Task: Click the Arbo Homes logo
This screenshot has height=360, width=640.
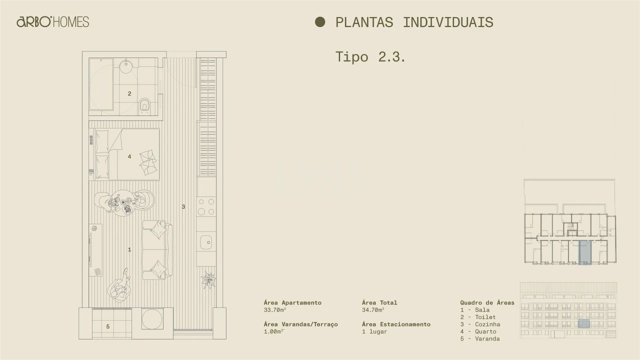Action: (x=52, y=22)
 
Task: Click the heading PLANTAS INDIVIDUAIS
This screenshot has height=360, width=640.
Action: (x=414, y=22)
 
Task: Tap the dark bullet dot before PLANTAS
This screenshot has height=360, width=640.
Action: (x=320, y=22)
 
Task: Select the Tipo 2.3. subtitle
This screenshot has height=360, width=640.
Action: (x=370, y=56)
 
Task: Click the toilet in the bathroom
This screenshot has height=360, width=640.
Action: (x=145, y=104)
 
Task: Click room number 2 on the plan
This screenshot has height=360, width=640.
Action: (x=129, y=93)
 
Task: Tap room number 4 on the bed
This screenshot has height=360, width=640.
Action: (x=129, y=156)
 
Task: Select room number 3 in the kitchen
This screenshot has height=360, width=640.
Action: (x=183, y=206)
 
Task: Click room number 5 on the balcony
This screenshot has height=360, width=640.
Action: (x=107, y=327)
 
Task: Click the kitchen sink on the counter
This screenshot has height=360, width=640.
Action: (x=206, y=242)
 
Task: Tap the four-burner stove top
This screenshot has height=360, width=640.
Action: (x=206, y=206)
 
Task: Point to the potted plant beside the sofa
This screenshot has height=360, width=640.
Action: (x=208, y=279)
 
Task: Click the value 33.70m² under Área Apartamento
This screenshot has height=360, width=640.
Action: (x=275, y=310)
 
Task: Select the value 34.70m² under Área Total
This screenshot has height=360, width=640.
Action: (x=373, y=310)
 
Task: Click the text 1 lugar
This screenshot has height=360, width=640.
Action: (x=374, y=331)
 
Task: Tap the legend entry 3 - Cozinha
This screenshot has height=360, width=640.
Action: (x=480, y=324)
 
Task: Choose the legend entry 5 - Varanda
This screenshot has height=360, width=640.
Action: (x=480, y=338)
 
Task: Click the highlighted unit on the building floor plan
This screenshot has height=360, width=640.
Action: (x=584, y=251)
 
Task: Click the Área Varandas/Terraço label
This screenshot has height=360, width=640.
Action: (x=300, y=324)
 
